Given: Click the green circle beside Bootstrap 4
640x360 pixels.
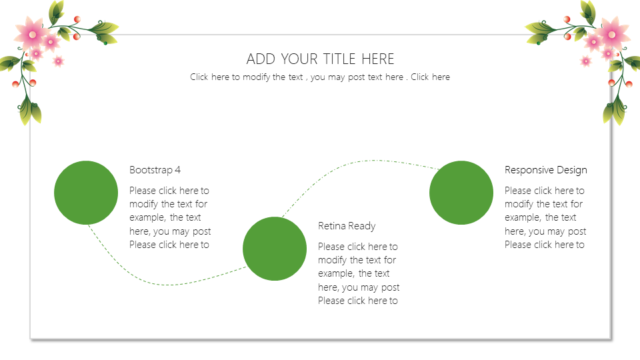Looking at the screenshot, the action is pyautogui.click(x=86, y=193).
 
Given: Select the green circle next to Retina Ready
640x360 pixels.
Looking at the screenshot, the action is pyautogui.click(x=275, y=249).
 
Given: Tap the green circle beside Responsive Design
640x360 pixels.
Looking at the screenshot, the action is pyautogui.click(x=461, y=193).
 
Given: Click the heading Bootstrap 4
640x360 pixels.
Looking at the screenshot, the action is pyautogui.click(x=155, y=170).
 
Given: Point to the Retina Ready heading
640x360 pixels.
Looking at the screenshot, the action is pyautogui.click(x=347, y=226).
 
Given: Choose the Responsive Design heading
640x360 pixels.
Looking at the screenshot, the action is pyautogui.click(x=546, y=170).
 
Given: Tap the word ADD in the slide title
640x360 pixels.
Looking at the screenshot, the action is pyautogui.click(x=261, y=59).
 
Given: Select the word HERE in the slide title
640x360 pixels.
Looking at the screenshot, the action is pyautogui.click(x=378, y=59).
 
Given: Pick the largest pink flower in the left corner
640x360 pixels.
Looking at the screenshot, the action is pyautogui.click(x=31, y=34).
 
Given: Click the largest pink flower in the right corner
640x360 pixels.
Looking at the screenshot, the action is pyautogui.click(x=612, y=34).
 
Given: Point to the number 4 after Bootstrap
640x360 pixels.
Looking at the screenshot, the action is pyautogui.click(x=177, y=170).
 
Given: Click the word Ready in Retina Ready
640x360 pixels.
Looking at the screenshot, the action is pyautogui.click(x=362, y=226).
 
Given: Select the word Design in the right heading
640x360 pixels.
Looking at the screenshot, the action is pyautogui.click(x=572, y=170).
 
